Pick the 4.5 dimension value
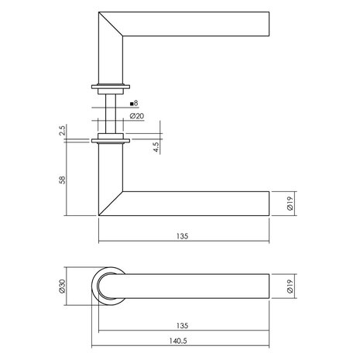click(156, 146)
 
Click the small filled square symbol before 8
click(131, 102)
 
